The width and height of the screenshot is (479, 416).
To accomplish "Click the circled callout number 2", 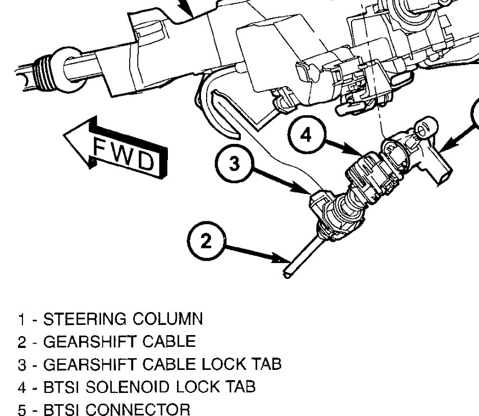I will coord(207,241).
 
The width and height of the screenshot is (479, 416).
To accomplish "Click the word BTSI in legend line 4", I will coord(61,387).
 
